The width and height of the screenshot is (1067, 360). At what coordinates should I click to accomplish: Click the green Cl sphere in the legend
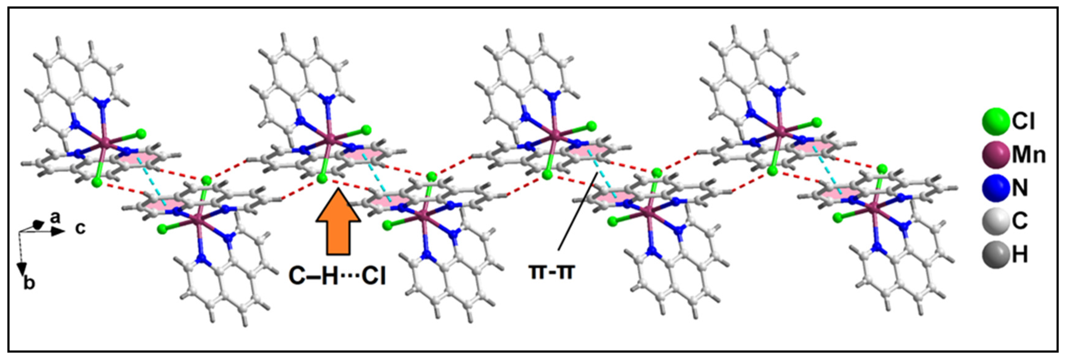pyautogui.click(x=995, y=121)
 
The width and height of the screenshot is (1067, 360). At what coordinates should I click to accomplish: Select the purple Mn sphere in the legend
pyautogui.click(x=995, y=154)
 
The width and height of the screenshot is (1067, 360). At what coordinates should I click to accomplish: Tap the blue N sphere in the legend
pyautogui.click(x=995, y=187)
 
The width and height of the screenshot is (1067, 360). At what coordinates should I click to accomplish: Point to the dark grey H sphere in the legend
pyautogui.click(x=995, y=254)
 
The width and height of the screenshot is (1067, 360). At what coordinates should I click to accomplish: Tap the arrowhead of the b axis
pyautogui.click(x=22, y=268)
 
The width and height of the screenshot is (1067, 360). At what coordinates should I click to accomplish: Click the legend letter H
pyautogui.click(x=1020, y=254)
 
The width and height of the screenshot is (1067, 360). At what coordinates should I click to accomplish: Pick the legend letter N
pyautogui.click(x=1020, y=188)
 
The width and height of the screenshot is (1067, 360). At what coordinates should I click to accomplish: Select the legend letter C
pyautogui.click(x=1020, y=221)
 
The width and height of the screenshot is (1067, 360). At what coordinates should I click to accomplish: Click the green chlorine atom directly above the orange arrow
pyautogui.click(x=322, y=178)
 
